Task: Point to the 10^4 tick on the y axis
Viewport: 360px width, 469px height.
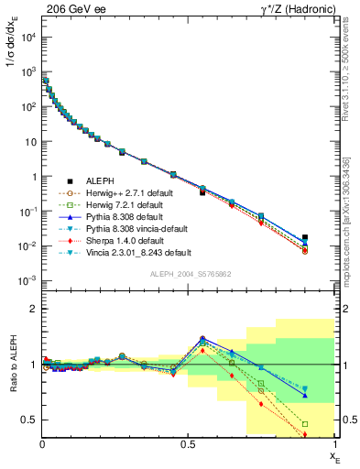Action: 27,38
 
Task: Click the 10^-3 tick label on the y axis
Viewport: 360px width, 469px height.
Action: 27,281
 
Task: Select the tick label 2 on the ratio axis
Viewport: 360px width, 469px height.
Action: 34,310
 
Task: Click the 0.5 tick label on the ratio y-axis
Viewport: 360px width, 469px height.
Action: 30,420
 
